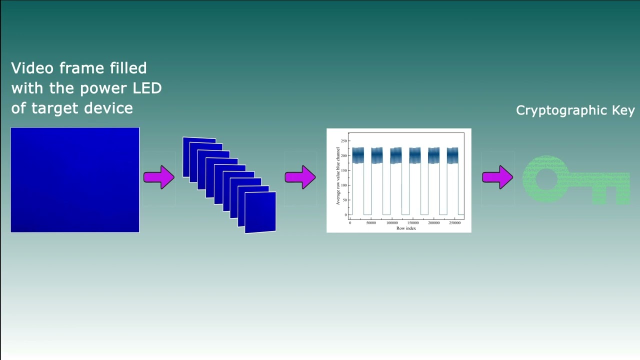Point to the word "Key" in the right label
(x=623, y=110)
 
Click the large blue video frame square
(x=75, y=180)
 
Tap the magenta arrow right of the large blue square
(x=159, y=177)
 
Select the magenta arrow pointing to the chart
(x=300, y=177)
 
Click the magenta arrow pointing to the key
(x=497, y=177)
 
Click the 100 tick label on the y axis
(x=343, y=185)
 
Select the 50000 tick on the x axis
(x=371, y=223)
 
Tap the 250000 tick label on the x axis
(x=454, y=223)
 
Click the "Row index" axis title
(x=406, y=228)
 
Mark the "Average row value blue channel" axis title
(x=338, y=176)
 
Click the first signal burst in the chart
(x=358, y=155)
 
